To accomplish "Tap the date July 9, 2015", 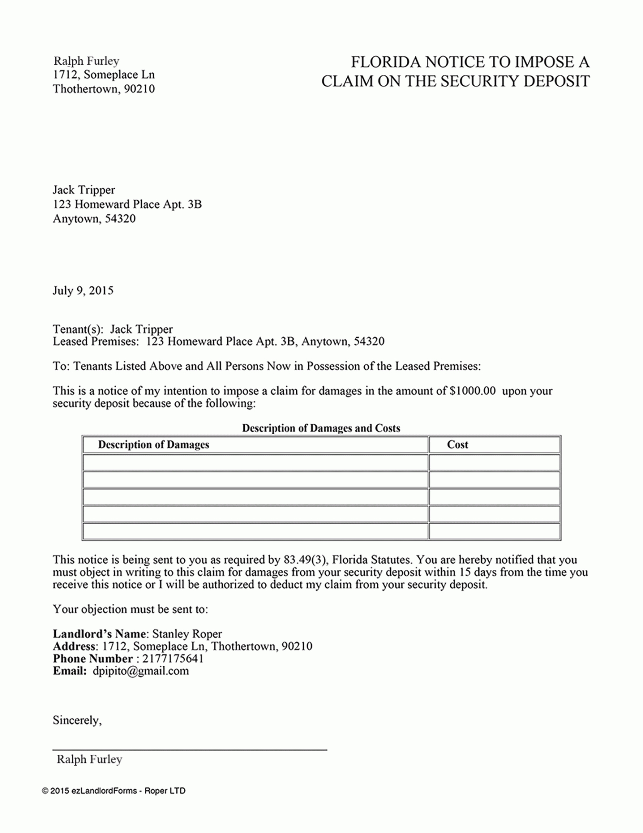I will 83,291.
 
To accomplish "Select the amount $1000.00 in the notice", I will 472,391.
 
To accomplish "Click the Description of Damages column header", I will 153,445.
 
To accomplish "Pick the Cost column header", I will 457,445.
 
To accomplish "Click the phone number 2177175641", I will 173,659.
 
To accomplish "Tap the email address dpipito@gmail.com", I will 141,671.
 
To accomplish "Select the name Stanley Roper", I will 187,634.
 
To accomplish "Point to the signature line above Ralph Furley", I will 190,750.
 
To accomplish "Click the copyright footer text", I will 114,791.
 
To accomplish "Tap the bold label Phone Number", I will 92,659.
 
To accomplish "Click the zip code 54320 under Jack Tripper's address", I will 120,219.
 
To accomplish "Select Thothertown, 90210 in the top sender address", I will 104,89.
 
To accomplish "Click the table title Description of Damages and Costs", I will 321,428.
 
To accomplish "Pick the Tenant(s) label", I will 78,329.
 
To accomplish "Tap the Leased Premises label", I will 95,342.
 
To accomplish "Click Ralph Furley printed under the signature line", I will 90,760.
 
